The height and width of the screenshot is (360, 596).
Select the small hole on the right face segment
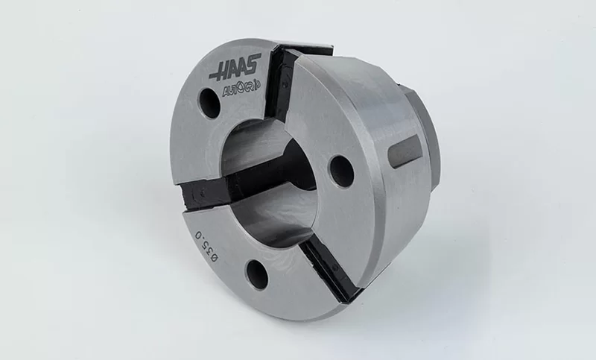tap(341, 171)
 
